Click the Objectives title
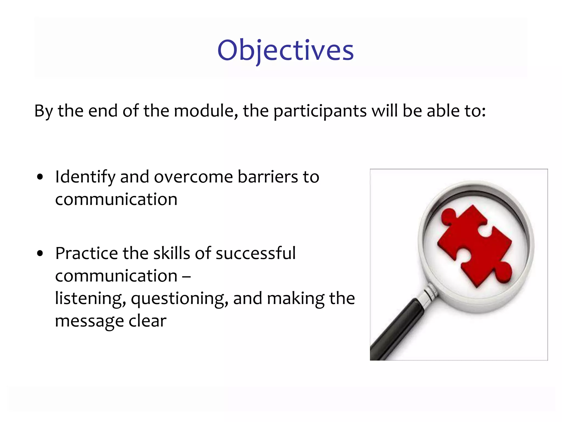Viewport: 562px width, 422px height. [285, 51]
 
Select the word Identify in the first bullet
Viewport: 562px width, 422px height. [85, 177]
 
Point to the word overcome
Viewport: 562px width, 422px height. [193, 177]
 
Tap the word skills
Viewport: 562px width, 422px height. [171, 253]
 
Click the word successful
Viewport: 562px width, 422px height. [255, 253]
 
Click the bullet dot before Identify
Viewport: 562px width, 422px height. [40, 177]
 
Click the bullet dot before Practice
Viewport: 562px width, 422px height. [40, 254]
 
